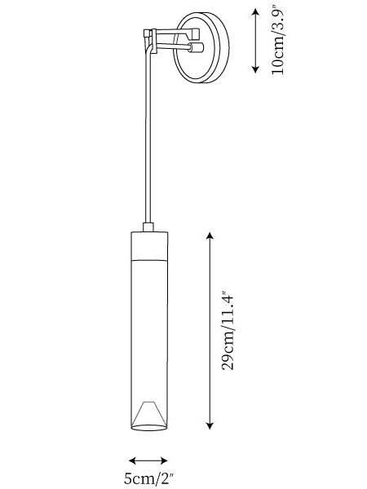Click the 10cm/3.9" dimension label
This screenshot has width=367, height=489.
[x=277, y=42]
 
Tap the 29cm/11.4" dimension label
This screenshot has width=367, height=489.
[x=228, y=331]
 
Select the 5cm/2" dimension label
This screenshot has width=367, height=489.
[x=148, y=478]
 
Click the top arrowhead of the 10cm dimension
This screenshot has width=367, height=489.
[x=255, y=12]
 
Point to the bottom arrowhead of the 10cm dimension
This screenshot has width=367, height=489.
[x=255, y=69]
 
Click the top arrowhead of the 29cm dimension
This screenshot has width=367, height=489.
[x=210, y=236]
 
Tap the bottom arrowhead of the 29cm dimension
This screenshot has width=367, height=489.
[x=210, y=425]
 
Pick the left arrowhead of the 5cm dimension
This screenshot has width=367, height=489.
[x=133, y=460]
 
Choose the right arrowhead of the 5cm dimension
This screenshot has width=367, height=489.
[x=163, y=460]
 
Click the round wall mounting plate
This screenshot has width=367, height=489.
[x=201, y=47]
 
